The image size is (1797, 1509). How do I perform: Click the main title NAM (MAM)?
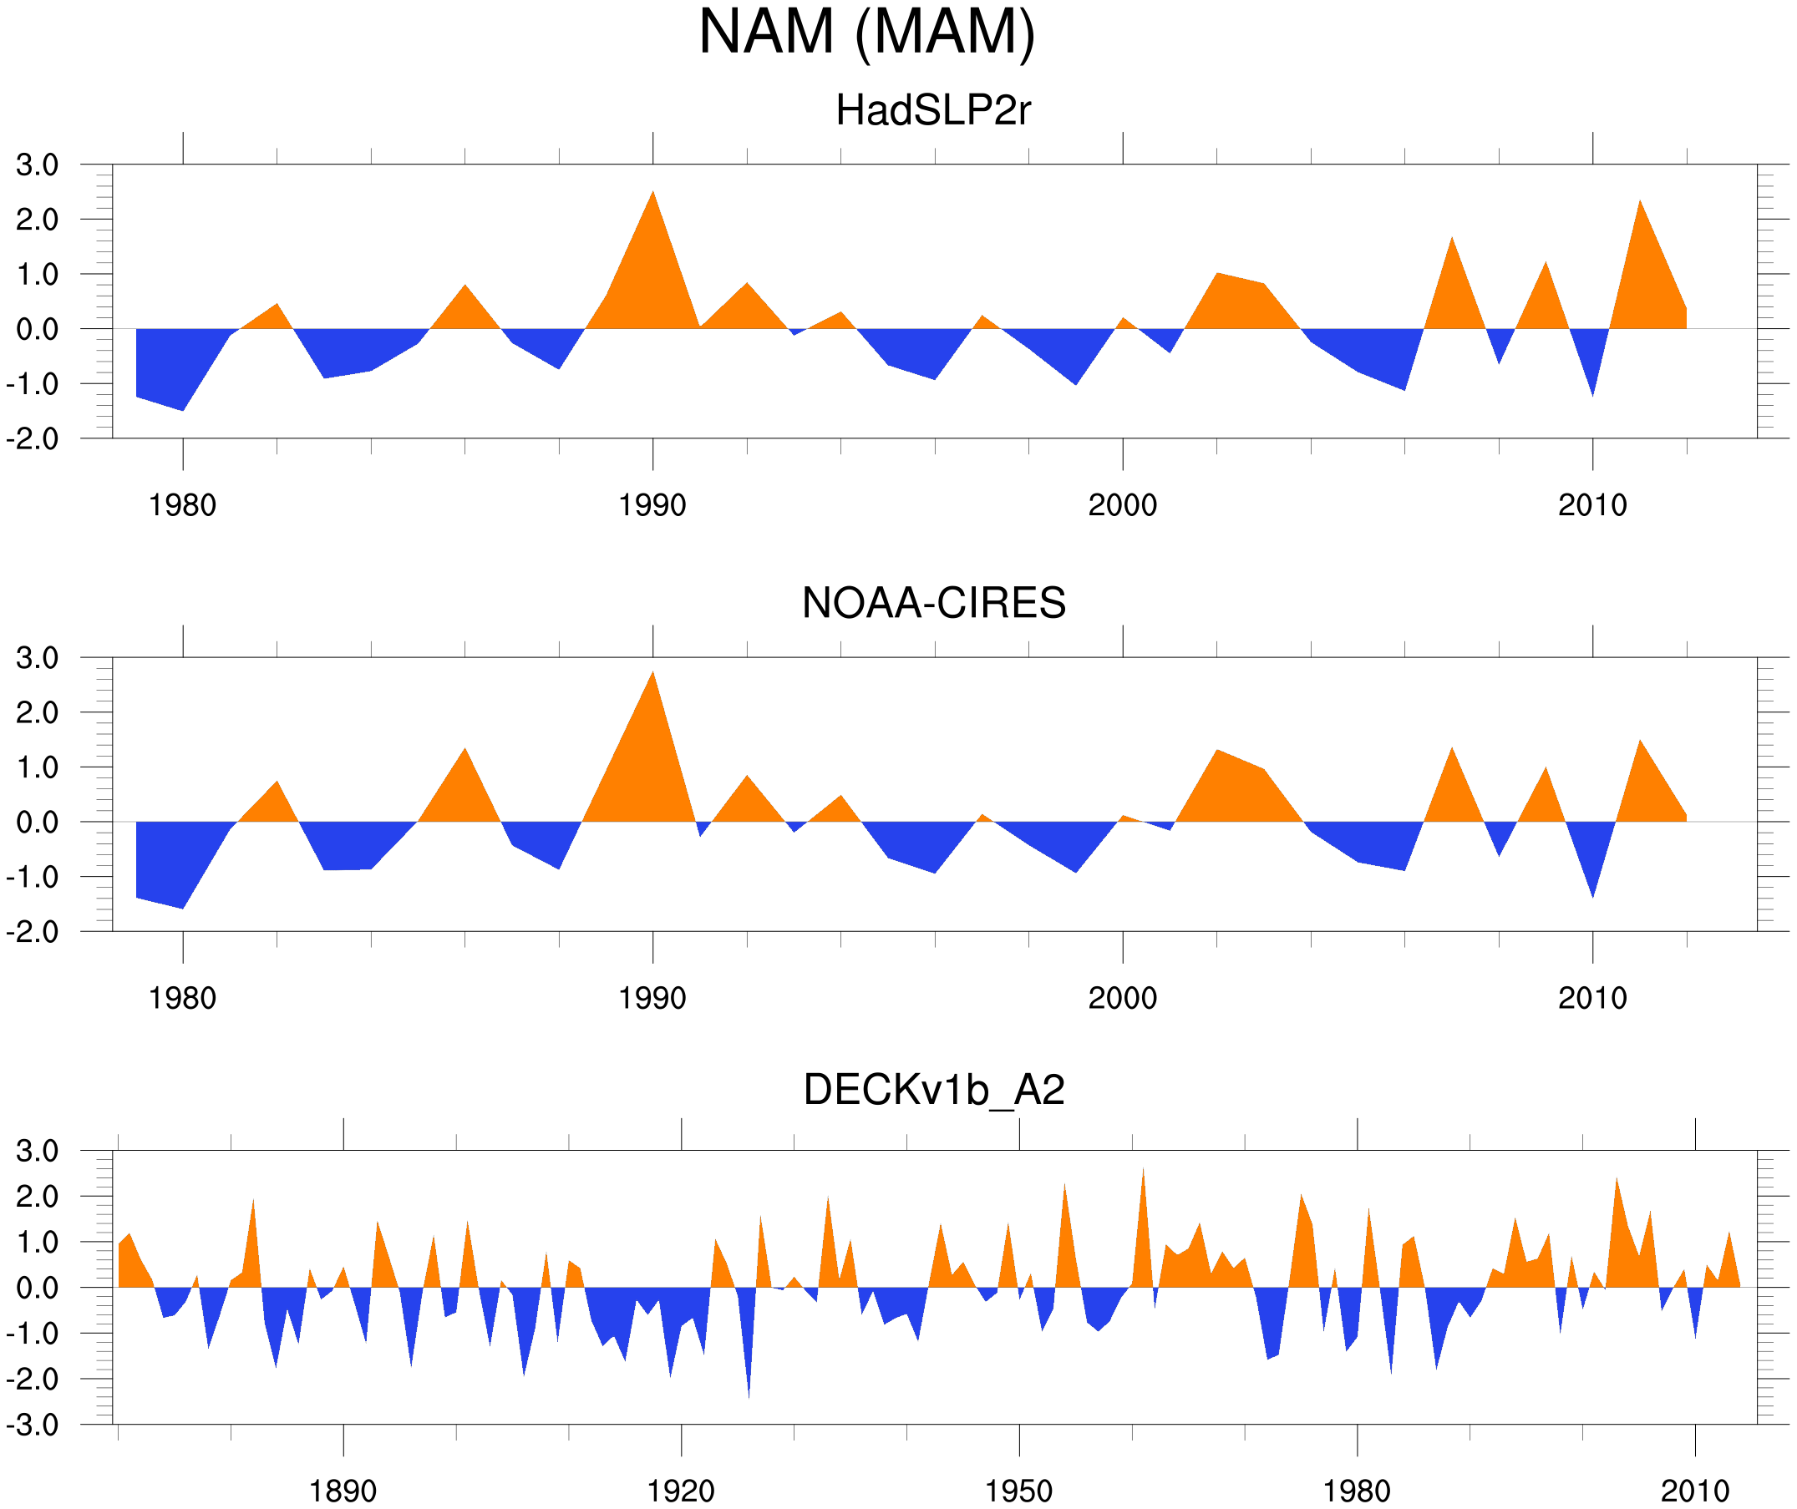point(866,33)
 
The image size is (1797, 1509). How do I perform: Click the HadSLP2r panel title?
point(932,110)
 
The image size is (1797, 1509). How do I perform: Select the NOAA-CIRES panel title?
point(933,603)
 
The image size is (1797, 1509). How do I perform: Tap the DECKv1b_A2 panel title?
point(933,1090)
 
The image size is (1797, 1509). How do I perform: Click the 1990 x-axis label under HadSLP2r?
point(652,505)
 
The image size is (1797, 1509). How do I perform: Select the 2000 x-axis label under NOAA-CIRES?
point(1122,998)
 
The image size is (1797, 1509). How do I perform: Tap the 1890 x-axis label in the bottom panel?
point(343,1491)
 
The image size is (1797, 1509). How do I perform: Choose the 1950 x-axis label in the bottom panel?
point(1018,1491)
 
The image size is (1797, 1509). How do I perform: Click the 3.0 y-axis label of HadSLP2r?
point(37,165)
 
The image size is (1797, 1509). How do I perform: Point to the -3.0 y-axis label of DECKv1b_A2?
point(33,1425)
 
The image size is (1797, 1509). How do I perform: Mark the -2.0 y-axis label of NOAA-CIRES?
point(33,932)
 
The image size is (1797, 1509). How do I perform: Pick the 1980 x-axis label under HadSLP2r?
point(182,505)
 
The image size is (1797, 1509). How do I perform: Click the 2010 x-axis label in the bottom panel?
point(1694,1491)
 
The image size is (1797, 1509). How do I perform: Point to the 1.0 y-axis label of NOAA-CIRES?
point(37,767)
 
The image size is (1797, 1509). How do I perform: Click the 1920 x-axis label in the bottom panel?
point(680,1491)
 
